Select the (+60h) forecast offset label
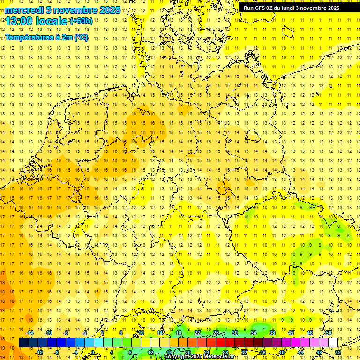coord(81,21)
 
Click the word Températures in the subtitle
coord(30,38)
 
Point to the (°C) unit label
coord(80,38)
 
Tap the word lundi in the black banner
coord(294,8)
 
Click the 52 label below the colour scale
coord(338,352)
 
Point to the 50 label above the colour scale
coord(329,333)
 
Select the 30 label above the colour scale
coord(235,333)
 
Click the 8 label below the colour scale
coord(130,352)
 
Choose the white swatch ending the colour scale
coord(333,342)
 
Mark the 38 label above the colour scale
coord(272,333)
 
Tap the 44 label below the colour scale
coord(300,352)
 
